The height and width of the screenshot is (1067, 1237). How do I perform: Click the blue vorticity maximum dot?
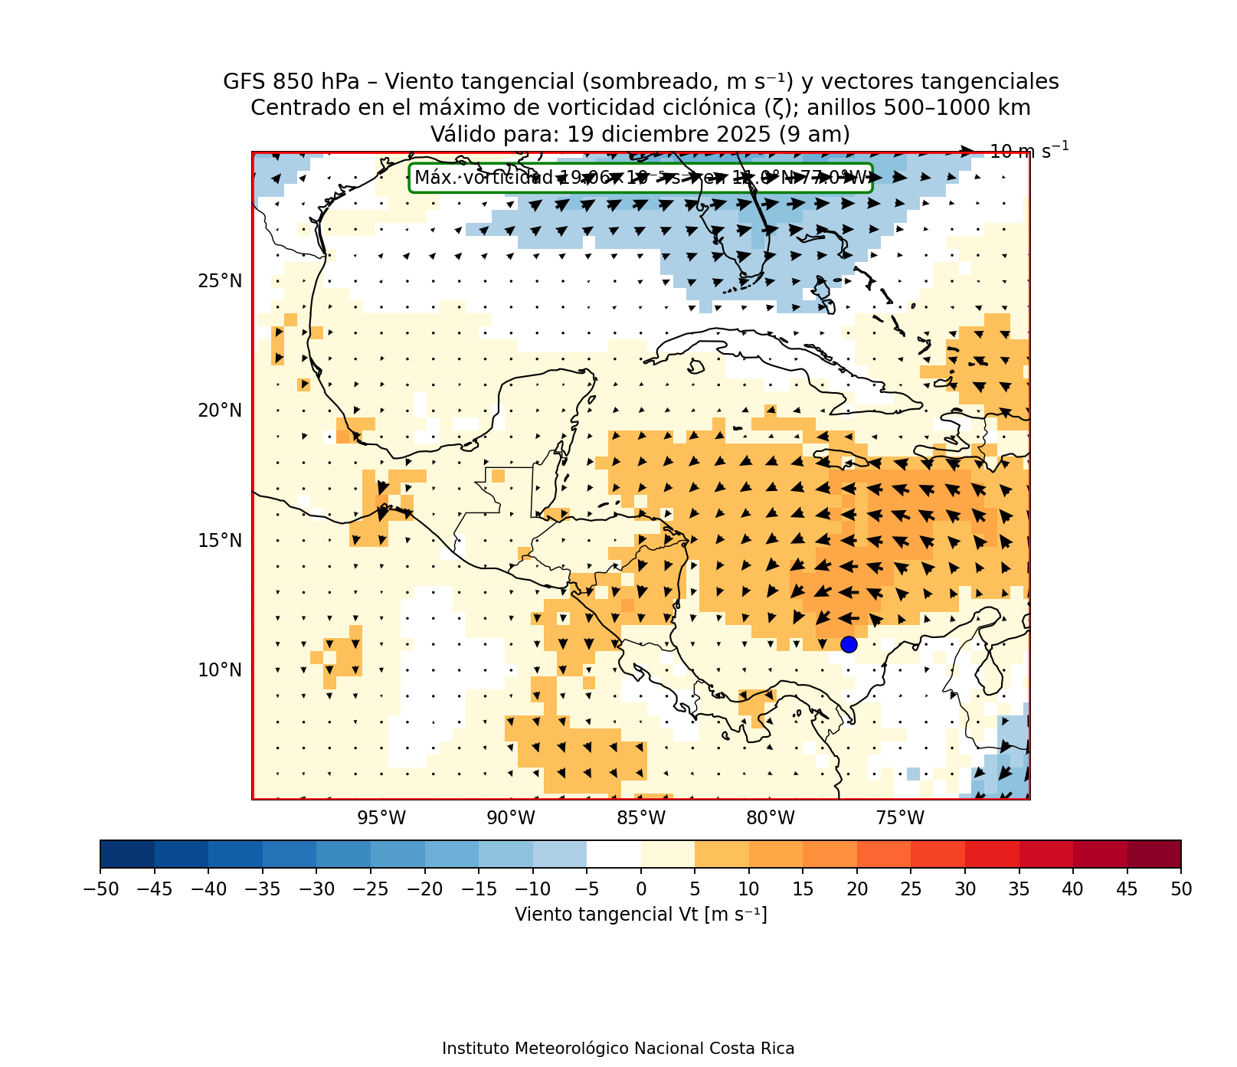(x=849, y=645)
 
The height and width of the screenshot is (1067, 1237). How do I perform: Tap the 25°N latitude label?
(x=220, y=281)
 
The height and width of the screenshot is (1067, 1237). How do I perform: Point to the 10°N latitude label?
(x=220, y=670)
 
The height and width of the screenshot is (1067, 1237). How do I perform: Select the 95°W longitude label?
(x=381, y=819)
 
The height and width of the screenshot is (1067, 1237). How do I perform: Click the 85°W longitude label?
(x=641, y=819)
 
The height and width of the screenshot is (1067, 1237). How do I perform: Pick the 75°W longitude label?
(x=900, y=819)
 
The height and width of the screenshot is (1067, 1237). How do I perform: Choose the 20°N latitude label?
(x=220, y=411)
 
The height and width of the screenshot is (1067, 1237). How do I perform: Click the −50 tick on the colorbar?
(x=100, y=889)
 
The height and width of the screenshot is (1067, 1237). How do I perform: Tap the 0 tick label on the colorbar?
(x=641, y=889)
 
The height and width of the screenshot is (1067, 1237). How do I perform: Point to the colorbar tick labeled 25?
(x=911, y=889)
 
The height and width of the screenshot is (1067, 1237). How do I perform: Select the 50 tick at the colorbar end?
(x=1180, y=889)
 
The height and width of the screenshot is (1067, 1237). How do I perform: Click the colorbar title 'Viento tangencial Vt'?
(x=640, y=915)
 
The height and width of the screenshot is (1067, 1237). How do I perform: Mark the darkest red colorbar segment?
(x=1154, y=854)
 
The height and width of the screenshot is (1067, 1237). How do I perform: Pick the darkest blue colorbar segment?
(x=127, y=854)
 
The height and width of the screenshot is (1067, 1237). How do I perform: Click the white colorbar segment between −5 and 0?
(x=614, y=854)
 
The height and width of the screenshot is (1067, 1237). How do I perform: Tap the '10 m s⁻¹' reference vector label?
(x=1029, y=151)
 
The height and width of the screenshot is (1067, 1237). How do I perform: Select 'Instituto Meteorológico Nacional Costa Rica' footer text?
(x=618, y=1049)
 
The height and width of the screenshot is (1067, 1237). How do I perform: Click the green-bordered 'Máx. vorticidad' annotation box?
(x=640, y=178)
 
